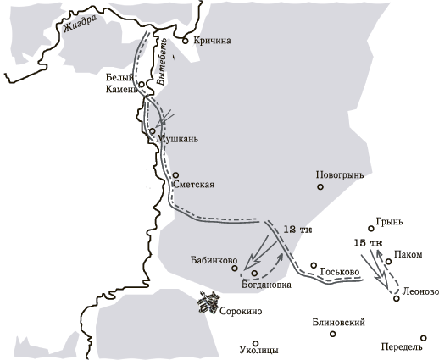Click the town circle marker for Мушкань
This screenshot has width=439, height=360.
pyautogui.click(x=153, y=131)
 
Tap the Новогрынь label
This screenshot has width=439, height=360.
pyautogui.click(x=339, y=174)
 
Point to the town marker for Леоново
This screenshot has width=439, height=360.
pyautogui.click(x=397, y=297)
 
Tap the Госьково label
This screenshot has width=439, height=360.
pyautogui.click(x=341, y=272)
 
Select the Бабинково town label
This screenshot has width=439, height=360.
pyautogui.click(x=207, y=261)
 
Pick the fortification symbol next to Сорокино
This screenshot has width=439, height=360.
pyautogui.click(x=208, y=302)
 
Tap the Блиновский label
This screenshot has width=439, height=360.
pyautogui.click(x=339, y=323)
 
